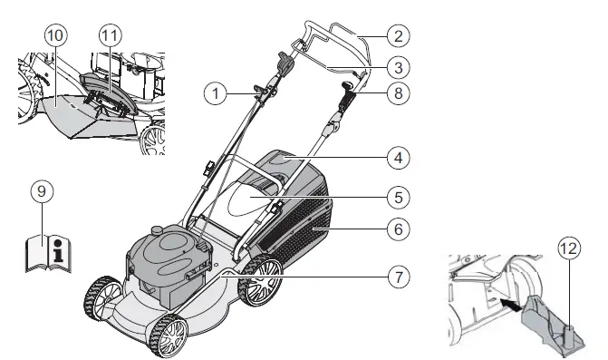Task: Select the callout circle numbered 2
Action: (x=396, y=37)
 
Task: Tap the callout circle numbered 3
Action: (x=396, y=65)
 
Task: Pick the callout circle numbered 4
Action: (x=396, y=157)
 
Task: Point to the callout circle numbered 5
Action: (x=396, y=194)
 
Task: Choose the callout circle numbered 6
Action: (x=396, y=230)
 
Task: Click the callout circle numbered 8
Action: (x=396, y=92)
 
